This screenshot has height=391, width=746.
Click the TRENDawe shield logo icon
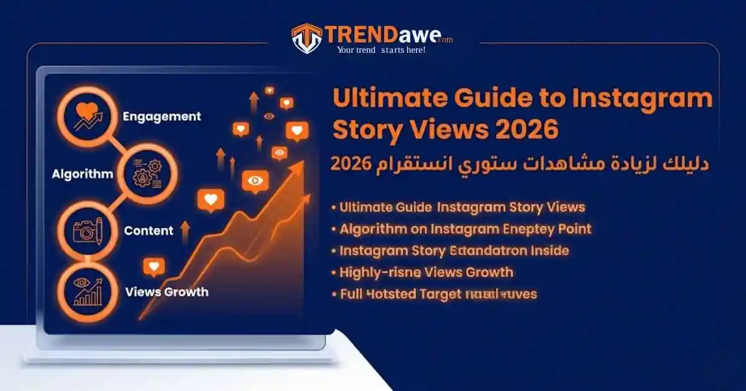306,38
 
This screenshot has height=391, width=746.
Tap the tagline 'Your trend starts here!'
380,50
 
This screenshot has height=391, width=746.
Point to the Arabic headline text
519,164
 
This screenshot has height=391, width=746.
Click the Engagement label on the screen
162,116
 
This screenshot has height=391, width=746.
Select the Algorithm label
83,174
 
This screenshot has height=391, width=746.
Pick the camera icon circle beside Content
88,230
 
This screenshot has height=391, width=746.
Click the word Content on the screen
149,231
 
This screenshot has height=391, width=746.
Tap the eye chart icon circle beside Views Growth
88,291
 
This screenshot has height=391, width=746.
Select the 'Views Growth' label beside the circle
167,291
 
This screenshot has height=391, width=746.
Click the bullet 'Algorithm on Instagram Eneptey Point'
465,229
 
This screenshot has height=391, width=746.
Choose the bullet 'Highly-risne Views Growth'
426,272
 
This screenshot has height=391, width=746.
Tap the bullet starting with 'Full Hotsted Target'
438,294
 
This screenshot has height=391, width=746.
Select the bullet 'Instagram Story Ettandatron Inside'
454,251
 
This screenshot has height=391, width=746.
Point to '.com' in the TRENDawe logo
444,40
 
